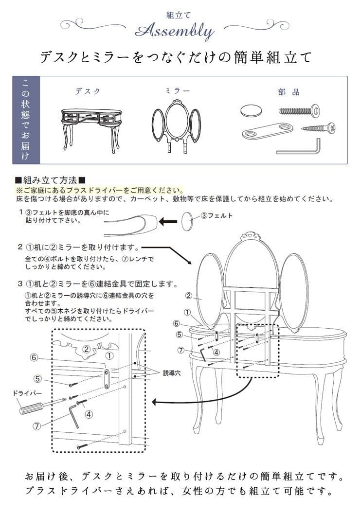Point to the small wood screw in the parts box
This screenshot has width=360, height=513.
click(316, 129)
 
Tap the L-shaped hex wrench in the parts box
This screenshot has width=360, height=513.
click(300, 147)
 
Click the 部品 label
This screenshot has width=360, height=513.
click(289, 92)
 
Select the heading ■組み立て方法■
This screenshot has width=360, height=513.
click(51, 180)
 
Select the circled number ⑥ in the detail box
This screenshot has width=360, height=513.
click(34, 357)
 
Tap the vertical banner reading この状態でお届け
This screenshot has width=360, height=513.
click(25, 120)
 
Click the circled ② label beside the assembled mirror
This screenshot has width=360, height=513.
click(188, 295)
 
